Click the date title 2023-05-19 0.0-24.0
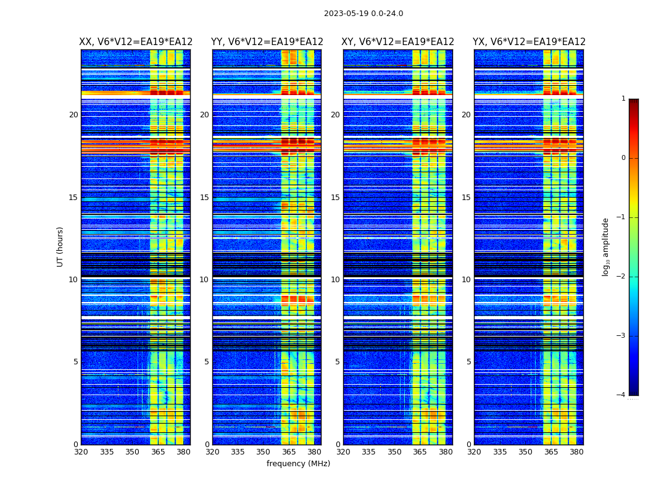tap(363, 14)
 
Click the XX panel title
tap(136, 42)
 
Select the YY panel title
tap(267, 42)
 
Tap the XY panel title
tap(398, 42)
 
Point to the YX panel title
tap(529, 42)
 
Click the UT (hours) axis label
tap(60, 246)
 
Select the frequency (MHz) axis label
tap(298, 464)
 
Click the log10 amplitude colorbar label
tap(606, 246)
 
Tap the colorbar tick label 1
tap(623, 99)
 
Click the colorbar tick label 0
tap(623, 158)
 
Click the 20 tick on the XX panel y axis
tap(73, 115)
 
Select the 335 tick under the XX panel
tap(107, 452)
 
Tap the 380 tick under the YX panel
tap(576, 452)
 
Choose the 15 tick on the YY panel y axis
tap(204, 198)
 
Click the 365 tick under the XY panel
tap(420, 452)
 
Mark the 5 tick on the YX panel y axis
tap(468, 362)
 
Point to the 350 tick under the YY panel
tap(264, 452)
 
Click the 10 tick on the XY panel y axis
tap(335, 280)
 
